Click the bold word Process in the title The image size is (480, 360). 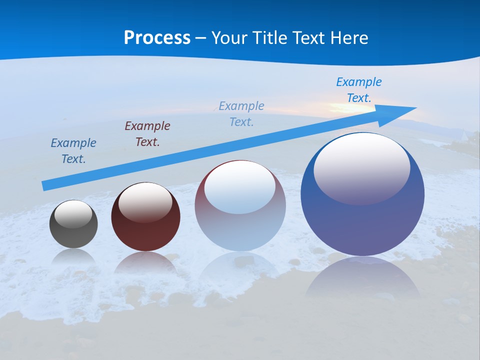pyautogui.click(x=157, y=38)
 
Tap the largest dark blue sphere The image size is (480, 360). pyautogui.click(x=362, y=225)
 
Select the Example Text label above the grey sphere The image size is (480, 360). pyautogui.click(x=73, y=151)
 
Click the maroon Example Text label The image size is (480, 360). pyautogui.click(x=147, y=133)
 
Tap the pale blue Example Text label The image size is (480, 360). pyautogui.click(x=241, y=113)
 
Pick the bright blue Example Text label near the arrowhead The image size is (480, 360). pyautogui.click(x=359, y=90)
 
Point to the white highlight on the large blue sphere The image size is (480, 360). pyautogui.click(x=361, y=168)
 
